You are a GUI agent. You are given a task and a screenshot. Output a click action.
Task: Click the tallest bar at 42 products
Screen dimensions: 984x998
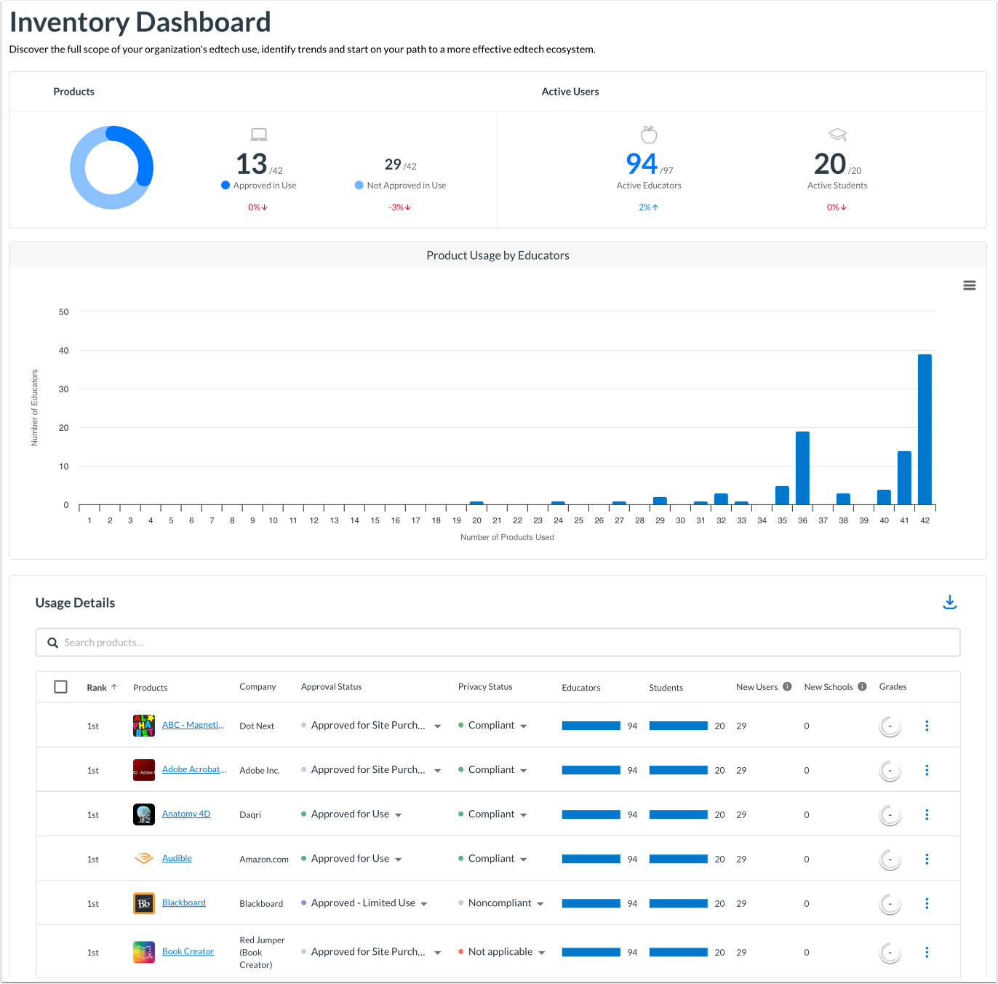[925, 429]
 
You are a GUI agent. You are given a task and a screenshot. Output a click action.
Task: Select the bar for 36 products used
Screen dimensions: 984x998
[802, 468]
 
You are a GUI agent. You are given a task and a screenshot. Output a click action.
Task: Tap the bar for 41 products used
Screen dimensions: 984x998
[904, 477]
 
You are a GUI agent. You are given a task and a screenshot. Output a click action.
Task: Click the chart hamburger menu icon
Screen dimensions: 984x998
[969, 285]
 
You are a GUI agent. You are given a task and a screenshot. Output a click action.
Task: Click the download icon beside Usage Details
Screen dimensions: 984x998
[949, 602]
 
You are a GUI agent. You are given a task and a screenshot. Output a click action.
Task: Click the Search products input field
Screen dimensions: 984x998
[498, 643]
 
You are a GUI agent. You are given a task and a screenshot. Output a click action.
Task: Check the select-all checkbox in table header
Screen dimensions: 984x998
[61, 687]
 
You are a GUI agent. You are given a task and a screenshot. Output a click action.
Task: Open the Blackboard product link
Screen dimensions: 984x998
[183, 902]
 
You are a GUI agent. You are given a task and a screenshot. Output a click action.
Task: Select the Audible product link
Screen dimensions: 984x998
[177, 858]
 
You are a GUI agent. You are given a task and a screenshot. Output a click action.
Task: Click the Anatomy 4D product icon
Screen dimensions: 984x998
[144, 814]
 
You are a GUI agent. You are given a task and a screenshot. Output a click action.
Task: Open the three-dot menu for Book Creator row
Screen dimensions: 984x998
[927, 952]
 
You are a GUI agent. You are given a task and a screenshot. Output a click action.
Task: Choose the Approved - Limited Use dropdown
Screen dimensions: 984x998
[364, 903]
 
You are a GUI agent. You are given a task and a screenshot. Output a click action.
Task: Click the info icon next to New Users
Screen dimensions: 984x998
[787, 686]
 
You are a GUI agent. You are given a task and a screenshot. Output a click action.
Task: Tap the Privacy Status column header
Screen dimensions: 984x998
[485, 686]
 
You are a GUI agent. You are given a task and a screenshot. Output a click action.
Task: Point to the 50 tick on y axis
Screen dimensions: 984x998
[64, 312]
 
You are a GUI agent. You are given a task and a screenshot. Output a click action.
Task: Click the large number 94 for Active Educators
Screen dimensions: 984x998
[641, 164]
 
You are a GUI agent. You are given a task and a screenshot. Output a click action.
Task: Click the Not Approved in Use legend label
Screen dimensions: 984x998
[406, 186]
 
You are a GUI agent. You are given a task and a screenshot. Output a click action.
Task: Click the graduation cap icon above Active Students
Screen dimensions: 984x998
[837, 135]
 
